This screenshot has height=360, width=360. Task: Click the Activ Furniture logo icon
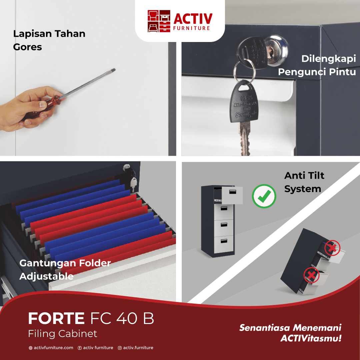[158, 21]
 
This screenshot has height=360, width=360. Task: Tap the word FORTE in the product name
[56, 319]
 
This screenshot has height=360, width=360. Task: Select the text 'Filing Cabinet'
[62, 334]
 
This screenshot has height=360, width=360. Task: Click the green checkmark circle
[264, 196]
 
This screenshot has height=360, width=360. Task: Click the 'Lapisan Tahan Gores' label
[49, 40]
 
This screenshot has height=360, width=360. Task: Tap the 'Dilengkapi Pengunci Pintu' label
[317, 65]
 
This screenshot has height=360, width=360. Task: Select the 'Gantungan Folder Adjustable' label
[65, 270]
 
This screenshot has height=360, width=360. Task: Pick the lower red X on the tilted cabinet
[311, 275]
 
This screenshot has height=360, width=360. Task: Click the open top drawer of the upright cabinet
[232, 195]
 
